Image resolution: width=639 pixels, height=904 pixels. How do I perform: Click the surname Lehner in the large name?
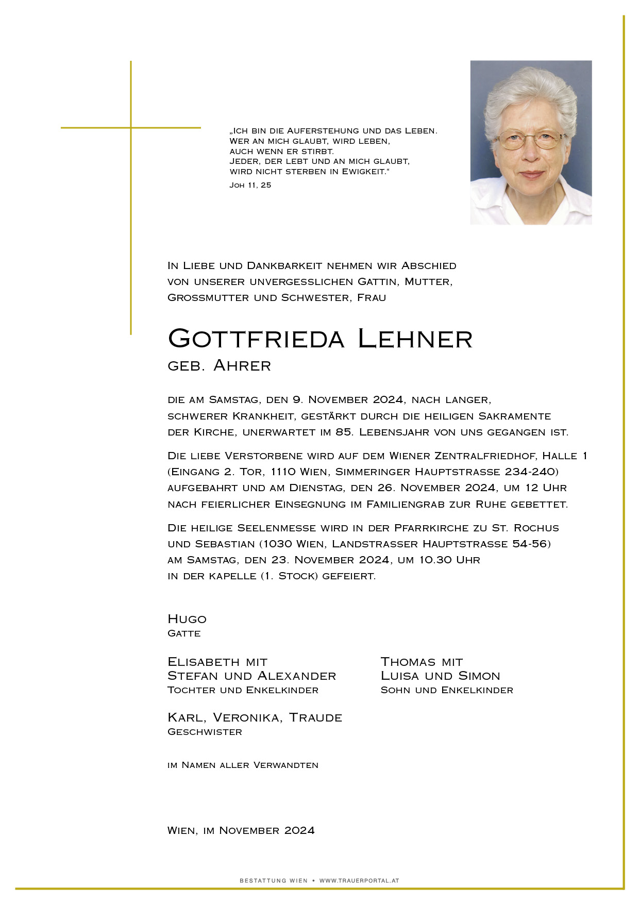415,339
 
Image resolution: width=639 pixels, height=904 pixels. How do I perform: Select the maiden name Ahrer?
242,366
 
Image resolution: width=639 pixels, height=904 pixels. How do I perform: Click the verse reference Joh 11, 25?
250,185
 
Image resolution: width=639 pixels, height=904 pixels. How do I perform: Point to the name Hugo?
187,619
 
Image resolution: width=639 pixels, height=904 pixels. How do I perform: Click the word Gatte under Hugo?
184,633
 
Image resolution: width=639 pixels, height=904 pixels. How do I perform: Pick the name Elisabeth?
204,662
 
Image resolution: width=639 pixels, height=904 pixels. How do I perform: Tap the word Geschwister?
205,732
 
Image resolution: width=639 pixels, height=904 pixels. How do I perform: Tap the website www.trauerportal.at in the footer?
359,881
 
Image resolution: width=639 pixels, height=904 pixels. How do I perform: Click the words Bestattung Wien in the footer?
273,881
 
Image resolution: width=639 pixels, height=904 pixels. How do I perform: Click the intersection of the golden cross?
131,127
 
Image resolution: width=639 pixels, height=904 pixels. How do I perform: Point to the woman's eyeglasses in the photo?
532,140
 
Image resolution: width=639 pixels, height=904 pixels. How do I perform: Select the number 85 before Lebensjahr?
344,432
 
